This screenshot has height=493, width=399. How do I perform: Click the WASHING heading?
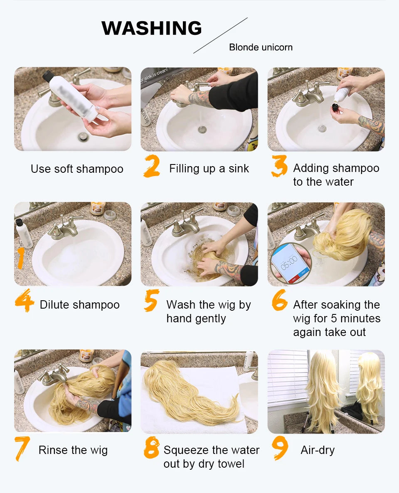151,28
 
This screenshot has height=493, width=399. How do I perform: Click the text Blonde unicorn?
261,47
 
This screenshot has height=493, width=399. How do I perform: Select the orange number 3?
279,167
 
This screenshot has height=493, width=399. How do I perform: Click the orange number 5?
152,301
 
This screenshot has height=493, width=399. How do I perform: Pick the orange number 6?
279,301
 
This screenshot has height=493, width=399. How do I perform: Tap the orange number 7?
22,449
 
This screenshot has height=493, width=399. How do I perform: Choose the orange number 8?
152,448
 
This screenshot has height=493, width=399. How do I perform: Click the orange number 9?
280,447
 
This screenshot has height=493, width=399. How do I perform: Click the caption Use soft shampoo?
77,169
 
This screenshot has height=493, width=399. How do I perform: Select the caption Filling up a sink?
209,169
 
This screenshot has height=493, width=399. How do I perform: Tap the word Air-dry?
318,450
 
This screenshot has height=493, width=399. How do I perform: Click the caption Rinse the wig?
73,450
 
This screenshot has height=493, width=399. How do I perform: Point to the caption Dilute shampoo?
80,305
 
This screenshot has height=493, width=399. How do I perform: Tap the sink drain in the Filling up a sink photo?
202,130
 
